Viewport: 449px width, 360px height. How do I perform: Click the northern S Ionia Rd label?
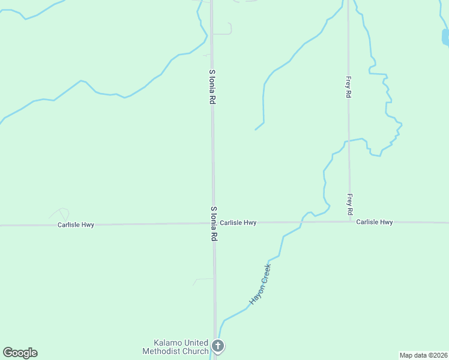212,88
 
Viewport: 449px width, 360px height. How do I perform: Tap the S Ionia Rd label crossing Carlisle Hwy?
214,224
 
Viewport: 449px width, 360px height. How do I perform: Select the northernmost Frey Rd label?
348,87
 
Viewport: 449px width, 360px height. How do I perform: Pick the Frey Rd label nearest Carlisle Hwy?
349,205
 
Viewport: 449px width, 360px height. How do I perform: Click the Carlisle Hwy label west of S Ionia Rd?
76,225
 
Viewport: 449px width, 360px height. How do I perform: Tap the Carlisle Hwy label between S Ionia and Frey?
238,223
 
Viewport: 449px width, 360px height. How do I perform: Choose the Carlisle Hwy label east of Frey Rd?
374,222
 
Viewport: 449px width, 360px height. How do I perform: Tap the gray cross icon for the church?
218,346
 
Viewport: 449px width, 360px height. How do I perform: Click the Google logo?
20,353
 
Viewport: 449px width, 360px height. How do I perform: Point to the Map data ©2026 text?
423,355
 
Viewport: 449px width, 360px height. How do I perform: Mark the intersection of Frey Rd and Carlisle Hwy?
350,221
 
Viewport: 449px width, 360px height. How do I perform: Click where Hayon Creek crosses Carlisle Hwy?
300,223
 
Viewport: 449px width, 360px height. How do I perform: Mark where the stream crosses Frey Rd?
349,140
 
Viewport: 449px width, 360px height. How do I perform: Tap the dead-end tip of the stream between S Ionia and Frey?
256,129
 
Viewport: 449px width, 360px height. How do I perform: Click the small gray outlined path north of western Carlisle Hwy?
60,213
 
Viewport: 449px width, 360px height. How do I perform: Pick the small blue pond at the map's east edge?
445,38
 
